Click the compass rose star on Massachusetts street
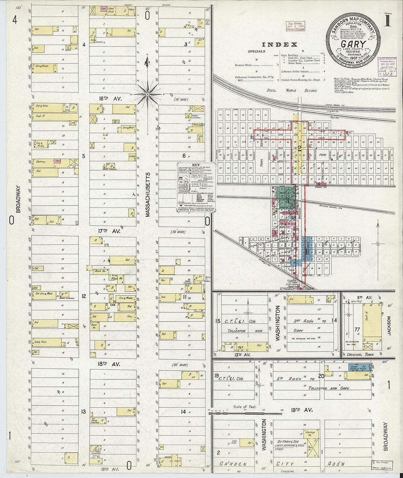[x=147, y=94]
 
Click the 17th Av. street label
[x=109, y=231]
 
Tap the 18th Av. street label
[x=109, y=364]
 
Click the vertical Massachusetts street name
[x=148, y=194]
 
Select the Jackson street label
[x=389, y=326]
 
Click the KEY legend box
[x=196, y=187]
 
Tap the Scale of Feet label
[x=245, y=407]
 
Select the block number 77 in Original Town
[x=356, y=330]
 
